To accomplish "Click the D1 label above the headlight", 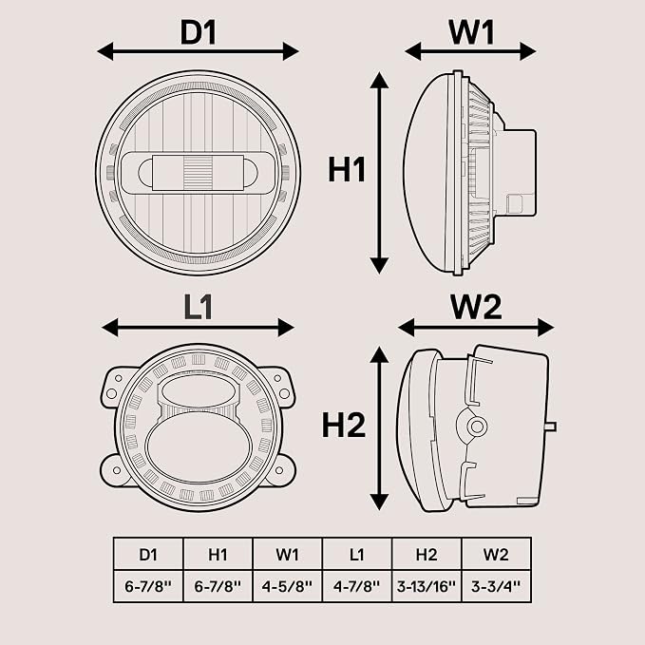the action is coord(199,32).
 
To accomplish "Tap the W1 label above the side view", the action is coord(471,32).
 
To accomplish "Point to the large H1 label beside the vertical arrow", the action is coord(347,170).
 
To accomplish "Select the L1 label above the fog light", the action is coord(198,307).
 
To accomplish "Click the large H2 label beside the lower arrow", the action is coord(344,426).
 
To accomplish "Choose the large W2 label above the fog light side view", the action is coord(476,307).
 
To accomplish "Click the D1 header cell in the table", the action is coord(148,555).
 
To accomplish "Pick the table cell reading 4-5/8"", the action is coord(287,586).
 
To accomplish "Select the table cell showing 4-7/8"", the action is coord(357,586).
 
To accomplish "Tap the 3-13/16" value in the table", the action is coord(427,586).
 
